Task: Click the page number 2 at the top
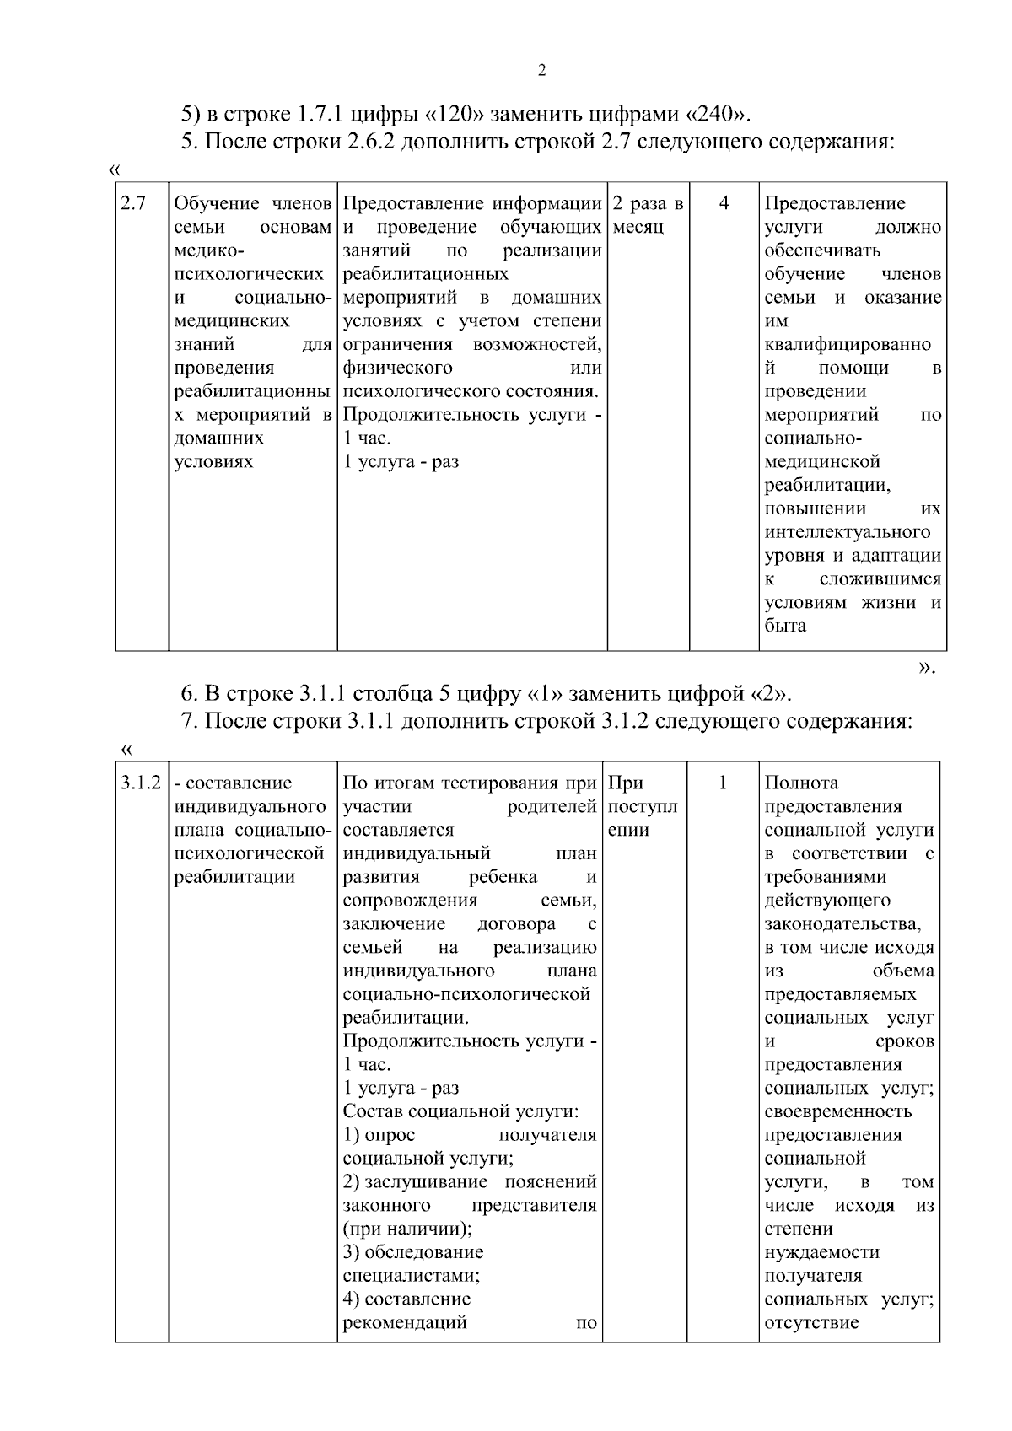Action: click(x=541, y=71)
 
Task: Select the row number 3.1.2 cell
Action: click(x=140, y=783)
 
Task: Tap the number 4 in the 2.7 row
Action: click(x=724, y=204)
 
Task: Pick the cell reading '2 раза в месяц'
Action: click(x=647, y=216)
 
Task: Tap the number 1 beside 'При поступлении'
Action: click(x=723, y=783)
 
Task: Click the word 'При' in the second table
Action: click(x=626, y=783)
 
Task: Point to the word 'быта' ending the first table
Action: click(x=785, y=627)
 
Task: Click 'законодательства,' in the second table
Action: click(x=842, y=924)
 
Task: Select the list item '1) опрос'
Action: click(x=379, y=1135)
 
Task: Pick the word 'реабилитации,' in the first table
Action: click(x=828, y=486)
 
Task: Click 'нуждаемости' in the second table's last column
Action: click(x=821, y=1252)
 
